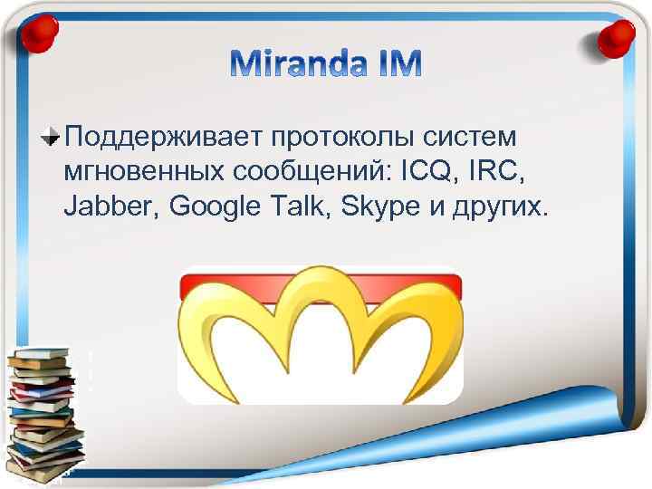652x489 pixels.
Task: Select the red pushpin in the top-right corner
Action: coord(617,37)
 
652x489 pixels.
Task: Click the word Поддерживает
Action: coord(158,137)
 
